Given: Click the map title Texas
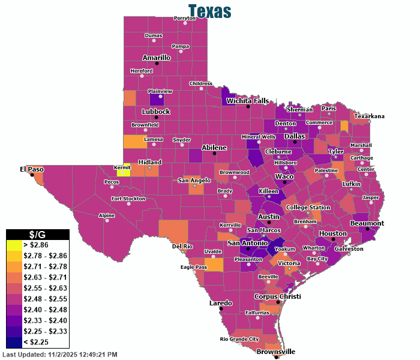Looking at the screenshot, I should [x=209, y=11].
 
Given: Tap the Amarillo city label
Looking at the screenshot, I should [x=157, y=58].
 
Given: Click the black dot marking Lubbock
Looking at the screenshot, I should [x=156, y=117].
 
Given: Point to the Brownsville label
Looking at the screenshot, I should [x=276, y=352].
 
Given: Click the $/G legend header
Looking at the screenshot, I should [x=37, y=235].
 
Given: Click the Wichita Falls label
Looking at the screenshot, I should [x=247, y=101].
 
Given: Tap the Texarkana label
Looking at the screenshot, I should [x=369, y=116].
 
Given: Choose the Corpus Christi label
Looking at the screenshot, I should [x=277, y=296].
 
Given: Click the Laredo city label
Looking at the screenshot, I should [x=220, y=303].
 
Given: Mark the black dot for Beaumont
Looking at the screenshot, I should [x=367, y=229].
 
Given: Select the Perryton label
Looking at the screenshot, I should [x=185, y=18].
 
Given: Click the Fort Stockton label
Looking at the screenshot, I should [x=128, y=198].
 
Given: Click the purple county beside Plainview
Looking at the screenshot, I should [x=156, y=98].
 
